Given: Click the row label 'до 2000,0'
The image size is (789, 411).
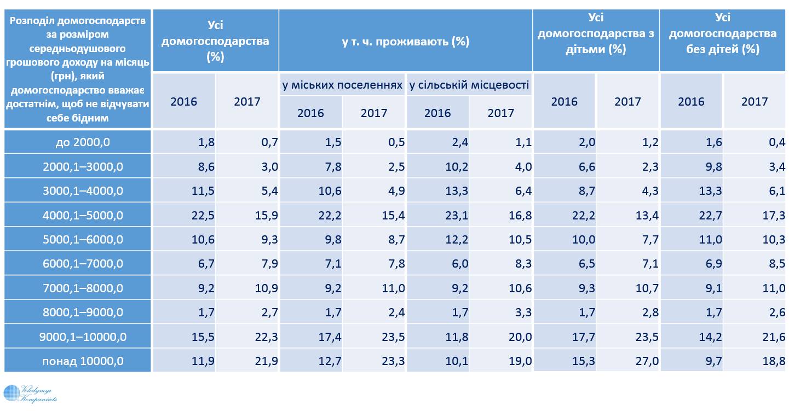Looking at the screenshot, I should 77,143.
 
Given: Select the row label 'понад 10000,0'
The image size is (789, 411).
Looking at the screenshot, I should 77,361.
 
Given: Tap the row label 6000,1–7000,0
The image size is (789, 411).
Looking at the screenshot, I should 77,264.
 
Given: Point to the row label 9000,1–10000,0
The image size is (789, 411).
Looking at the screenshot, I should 77,337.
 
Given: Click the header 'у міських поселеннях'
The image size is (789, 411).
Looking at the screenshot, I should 342,85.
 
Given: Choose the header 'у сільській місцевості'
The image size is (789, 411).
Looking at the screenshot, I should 469,85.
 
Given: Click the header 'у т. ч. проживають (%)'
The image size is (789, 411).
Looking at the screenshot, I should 405,41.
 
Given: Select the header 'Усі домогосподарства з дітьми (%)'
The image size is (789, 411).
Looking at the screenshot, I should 596,34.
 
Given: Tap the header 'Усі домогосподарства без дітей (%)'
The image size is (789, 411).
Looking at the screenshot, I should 723,34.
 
